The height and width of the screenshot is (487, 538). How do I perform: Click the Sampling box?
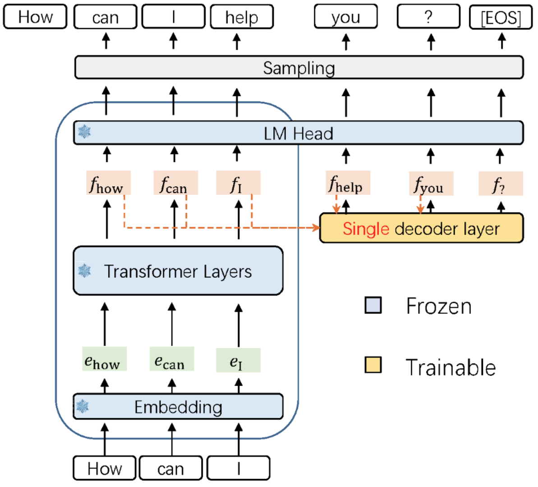point(299,68)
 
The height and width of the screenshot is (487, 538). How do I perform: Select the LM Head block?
point(299,133)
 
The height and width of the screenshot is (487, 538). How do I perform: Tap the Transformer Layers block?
point(178,271)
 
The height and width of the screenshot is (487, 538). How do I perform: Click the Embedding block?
point(178,407)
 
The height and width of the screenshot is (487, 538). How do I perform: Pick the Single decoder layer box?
point(421,229)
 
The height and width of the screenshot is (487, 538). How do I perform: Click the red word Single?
point(365,229)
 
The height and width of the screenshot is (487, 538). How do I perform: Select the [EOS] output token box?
point(501,18)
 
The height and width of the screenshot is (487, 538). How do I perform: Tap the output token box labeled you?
point(345,17)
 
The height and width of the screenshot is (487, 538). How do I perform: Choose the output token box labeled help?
point(242,17)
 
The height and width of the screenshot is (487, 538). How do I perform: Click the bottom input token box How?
point(105,469)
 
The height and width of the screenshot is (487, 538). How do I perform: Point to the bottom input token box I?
point(238,469)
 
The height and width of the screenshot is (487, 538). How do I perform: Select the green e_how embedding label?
point(104,359)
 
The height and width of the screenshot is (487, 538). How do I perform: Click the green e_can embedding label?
point(171,359)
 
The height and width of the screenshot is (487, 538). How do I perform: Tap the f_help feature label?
point(348,183)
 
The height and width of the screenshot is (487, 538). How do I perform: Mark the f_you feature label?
point(431,184)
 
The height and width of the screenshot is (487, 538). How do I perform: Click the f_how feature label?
point(108,183)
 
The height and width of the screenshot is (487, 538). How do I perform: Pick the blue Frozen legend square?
point(373,305)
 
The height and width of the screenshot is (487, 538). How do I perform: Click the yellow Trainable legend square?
point(373,365)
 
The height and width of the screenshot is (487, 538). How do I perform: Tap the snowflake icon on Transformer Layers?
point(84,271)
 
